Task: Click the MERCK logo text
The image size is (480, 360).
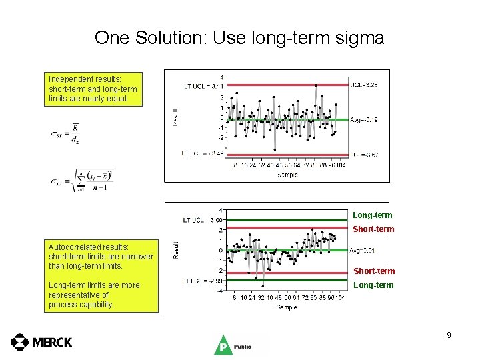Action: click(52, 342)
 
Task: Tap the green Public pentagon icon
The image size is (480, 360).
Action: click(222, 345)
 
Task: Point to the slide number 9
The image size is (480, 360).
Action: click(449, 335)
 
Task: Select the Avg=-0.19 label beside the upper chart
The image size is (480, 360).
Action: click(364, 120)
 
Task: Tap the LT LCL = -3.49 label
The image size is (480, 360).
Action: click(202, 153)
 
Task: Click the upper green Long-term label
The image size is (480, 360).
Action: click(373, 215)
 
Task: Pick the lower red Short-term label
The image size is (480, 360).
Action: click(373, 271)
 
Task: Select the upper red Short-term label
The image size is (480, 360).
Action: click(373, 229)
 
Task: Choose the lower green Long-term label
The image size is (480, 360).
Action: click(373, 285)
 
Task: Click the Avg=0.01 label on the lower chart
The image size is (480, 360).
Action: click(363, 251)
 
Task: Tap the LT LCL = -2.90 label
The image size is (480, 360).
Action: click(202, 281)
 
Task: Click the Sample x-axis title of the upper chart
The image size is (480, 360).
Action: click(287, 174)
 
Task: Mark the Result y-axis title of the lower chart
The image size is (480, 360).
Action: click(176, 251)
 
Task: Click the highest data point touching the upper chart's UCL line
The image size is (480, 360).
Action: click(316, 85)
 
